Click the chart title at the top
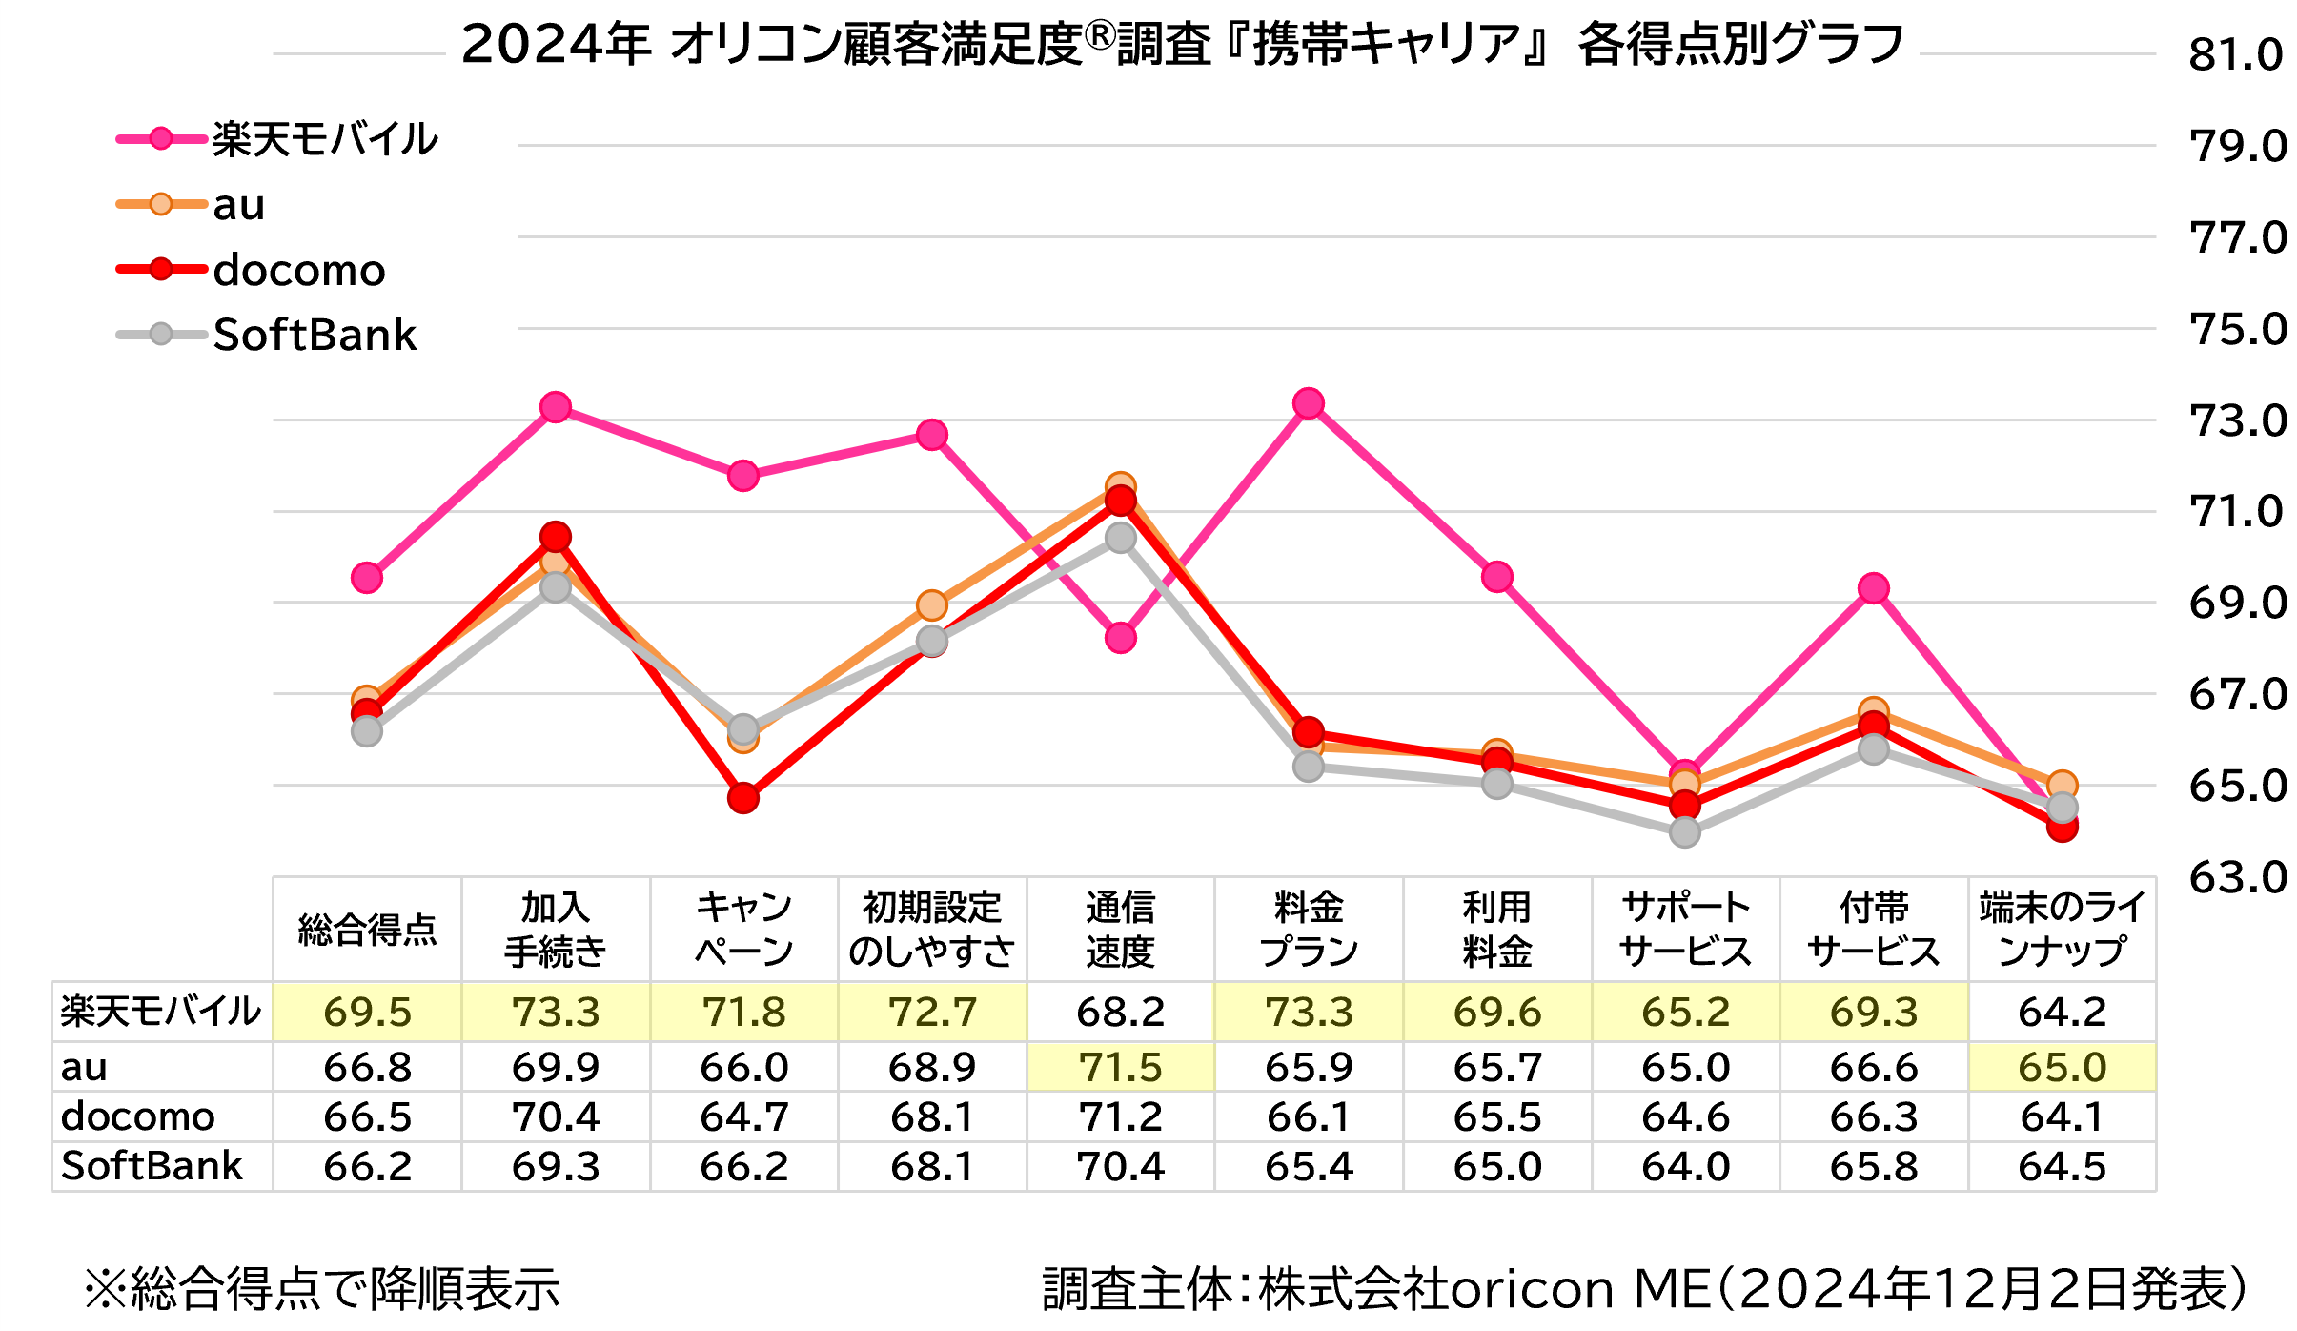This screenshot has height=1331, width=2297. (1182, 45)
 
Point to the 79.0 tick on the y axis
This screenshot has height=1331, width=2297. (2237, 146)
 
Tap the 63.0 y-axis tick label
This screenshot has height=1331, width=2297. (2237, 877)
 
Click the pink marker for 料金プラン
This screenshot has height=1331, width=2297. (1309, 403)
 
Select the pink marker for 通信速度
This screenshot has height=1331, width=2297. (1121, 638)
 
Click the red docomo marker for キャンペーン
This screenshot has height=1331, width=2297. (743, 798)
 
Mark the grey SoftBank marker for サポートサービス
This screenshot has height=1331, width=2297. (1685, 831)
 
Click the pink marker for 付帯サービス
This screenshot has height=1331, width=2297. (1874, 588)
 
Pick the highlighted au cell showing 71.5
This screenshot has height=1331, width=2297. (1121, 1067)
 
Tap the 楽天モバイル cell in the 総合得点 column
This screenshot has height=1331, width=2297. (368, 1012)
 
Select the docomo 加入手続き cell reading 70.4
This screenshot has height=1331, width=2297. (556, 1116)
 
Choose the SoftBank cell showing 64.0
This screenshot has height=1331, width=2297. (1685, 1166)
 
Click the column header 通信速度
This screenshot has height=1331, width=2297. (1121, 929)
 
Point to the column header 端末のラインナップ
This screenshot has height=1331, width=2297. (2062, 929)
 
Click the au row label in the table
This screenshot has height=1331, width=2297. (84, 1067)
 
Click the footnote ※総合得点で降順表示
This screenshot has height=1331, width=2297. (322, 1289)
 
